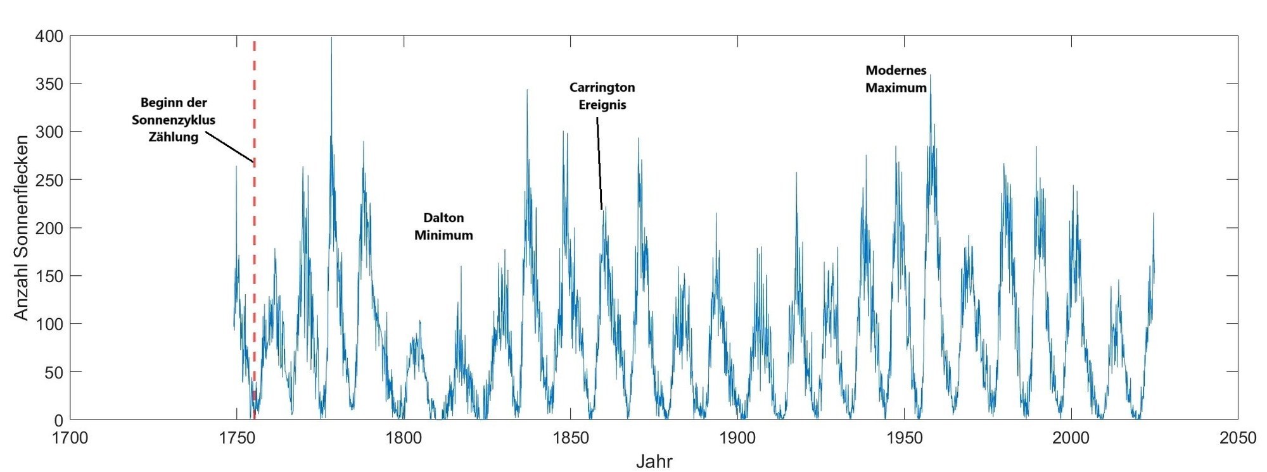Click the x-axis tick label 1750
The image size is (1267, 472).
[x=236, y=437]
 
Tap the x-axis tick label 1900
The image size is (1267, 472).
[x=737, y=437]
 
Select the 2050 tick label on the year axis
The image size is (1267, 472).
[x=1237, y=437]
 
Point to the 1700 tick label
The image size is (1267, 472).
[x=70, y=437]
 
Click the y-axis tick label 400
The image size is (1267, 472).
[x=49, y=36]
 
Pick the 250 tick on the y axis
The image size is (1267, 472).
[x=49, y=180]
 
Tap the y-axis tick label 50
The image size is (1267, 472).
[x=53, y=372]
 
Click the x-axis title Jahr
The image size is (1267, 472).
[x=654, y=461]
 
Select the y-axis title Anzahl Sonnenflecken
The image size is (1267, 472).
[x=21, y=228]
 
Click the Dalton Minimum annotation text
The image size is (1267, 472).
[x=443, y=227]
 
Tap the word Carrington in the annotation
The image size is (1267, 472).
[x=602, y=87]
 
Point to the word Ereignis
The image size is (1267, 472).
[x=602, y=104]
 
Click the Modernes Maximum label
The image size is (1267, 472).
[x=896, y=79]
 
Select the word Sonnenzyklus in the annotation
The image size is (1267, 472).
[x=174, y=120]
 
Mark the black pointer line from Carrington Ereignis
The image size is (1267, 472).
[x=599, y=165]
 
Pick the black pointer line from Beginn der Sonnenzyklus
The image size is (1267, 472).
[x=229, y=148]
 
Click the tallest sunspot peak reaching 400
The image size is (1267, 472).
[x=331, y=39]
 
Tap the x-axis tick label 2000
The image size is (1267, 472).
[x=1071, y=437]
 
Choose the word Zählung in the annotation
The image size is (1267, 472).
[x=174, y=137]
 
